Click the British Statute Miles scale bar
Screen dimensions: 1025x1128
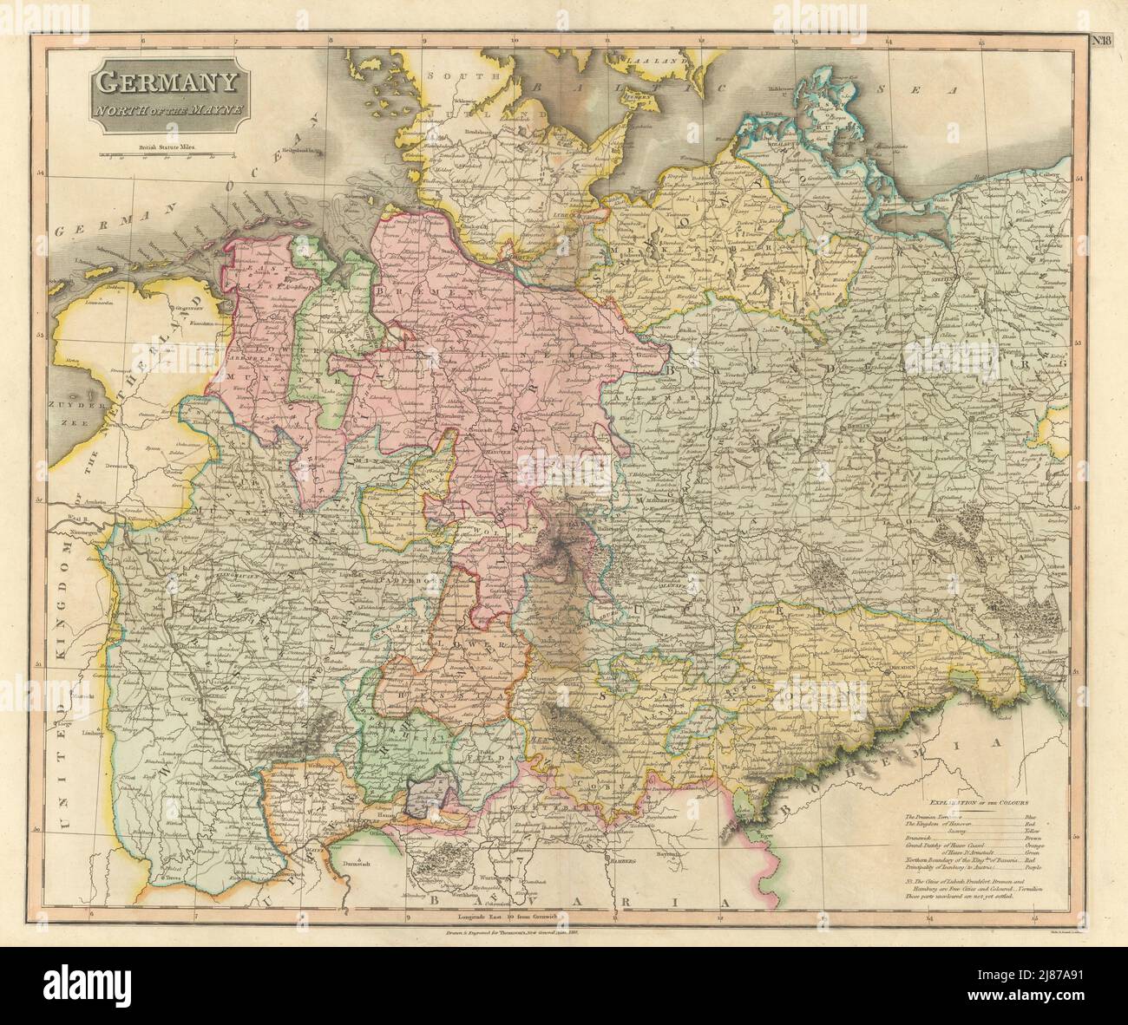[165, 157]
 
